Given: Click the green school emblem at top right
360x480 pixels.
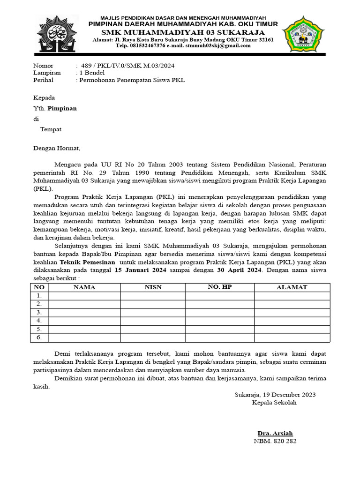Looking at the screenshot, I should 303,35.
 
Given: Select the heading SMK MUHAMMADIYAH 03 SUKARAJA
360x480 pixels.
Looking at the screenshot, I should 183,32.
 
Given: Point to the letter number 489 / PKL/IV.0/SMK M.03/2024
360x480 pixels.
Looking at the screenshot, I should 127,66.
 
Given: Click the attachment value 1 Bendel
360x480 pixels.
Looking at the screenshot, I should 92,73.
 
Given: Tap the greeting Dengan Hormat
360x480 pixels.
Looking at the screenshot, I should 57,148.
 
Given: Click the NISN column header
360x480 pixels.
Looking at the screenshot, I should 153,287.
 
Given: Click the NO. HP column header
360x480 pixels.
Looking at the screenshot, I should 219,287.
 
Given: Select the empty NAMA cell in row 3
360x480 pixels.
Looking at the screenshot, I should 84,312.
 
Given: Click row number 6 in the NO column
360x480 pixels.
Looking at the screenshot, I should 39,337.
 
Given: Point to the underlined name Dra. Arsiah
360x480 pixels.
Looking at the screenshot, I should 275,433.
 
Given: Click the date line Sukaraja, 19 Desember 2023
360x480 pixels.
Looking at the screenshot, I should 275,395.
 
